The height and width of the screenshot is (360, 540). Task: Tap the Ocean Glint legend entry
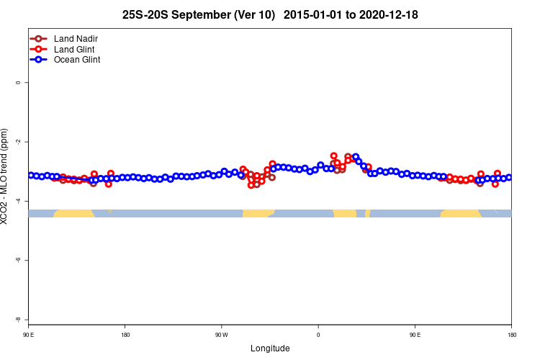click(77, 60)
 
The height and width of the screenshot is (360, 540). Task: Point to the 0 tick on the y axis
click(18, 82)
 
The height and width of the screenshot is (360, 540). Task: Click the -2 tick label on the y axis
click(18, 142)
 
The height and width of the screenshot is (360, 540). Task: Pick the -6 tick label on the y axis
click(18, 260)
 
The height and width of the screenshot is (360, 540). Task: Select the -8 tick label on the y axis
click(18, 319)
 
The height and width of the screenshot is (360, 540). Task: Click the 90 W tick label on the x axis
click(221, 335)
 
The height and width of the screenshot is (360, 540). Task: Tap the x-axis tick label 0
click(318, 335)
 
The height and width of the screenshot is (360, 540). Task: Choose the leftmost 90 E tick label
click(29, 335)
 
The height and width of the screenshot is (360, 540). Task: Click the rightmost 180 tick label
click(511, 335)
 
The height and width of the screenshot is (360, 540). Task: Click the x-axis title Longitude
click(270, 348)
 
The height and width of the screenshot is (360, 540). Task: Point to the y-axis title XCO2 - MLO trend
click(6, 176)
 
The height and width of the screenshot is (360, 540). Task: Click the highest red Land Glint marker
click(333, 156)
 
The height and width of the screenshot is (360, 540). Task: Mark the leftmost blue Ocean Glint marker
click(31, 175)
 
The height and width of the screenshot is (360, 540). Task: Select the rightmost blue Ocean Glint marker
click(509, 177)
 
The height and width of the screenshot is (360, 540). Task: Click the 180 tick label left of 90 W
click(125, 335)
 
